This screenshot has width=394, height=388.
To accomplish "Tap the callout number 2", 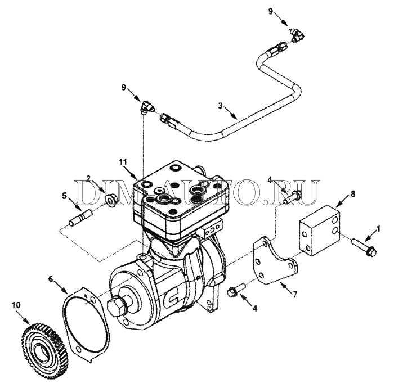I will [89, 178].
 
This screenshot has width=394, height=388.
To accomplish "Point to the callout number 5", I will [65, 197].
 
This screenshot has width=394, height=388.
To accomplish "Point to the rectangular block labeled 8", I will [318, 230].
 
